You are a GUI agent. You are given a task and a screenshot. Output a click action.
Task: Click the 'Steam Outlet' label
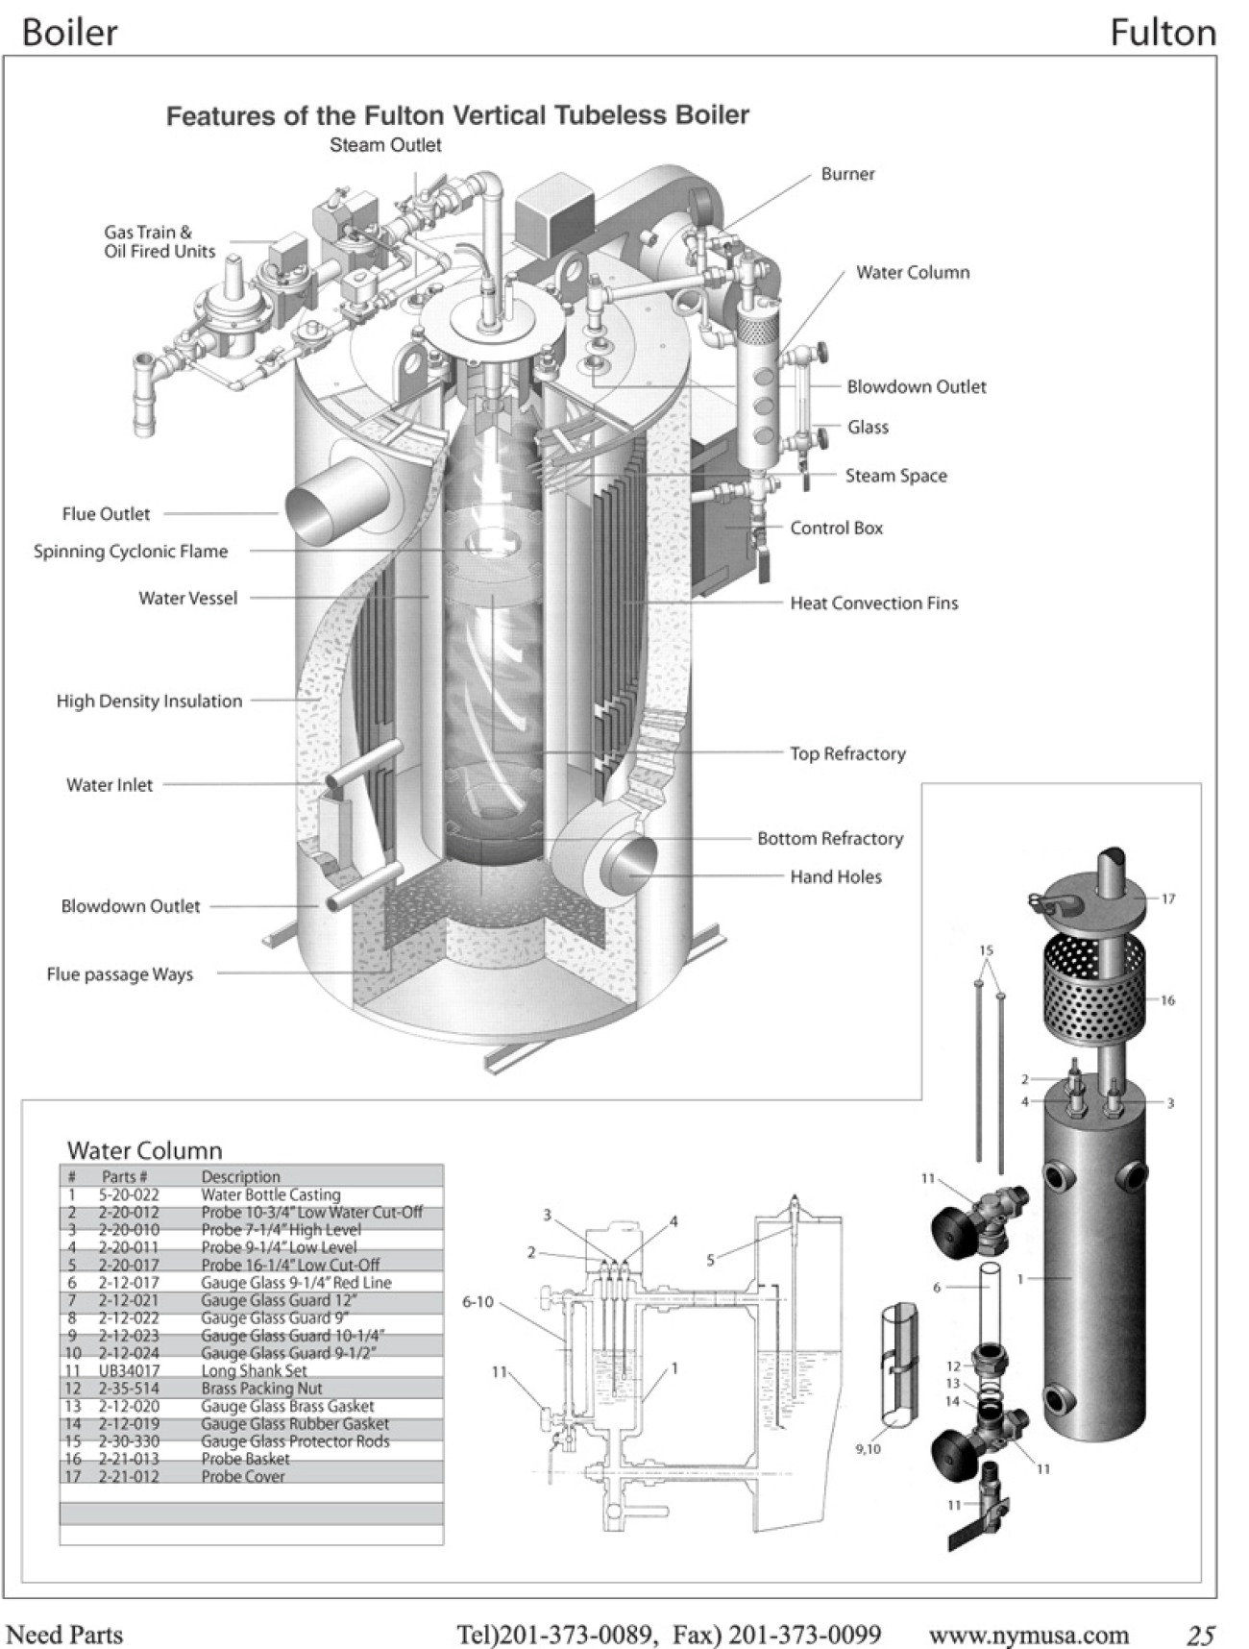point(385,145)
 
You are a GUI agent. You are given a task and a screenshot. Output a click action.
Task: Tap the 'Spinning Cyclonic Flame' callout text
point(131,552)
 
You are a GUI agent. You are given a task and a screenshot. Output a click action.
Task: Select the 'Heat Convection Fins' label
point(873,603)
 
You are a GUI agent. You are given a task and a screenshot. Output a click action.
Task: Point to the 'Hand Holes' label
point(835,876)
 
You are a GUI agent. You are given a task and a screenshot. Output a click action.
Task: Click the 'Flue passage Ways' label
point(119,974)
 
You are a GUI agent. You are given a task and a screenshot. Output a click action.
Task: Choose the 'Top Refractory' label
point(847,754)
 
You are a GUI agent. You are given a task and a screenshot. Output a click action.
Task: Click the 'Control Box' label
point(836,528)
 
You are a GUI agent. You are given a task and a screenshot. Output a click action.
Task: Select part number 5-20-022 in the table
point(129,1195)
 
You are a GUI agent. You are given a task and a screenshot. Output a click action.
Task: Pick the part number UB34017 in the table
point(129,1371)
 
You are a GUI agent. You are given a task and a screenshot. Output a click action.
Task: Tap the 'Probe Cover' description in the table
point(242,1477)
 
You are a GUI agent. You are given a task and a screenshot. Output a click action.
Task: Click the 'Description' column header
point(240,1177)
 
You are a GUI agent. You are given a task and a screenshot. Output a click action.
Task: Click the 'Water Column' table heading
point(144,1150)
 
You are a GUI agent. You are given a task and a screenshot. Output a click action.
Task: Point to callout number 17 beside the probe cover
point(1168,899)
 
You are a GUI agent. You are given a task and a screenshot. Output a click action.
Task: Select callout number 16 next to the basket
point(1167,1000)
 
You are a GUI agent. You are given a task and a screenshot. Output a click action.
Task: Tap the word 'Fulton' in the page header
point(1163,33)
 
